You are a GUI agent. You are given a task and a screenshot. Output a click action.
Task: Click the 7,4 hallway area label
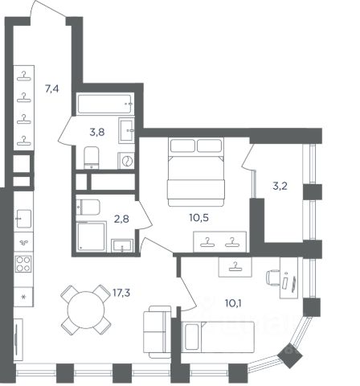[52, 88]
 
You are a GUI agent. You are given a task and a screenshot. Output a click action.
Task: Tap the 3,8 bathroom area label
[97, 132]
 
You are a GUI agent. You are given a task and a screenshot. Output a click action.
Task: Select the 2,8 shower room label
[121, 219]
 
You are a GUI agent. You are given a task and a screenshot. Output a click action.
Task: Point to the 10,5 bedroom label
[198, 218]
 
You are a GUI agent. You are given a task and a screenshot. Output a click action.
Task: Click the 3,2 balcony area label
[280, 186]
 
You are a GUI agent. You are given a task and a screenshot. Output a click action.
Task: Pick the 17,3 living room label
[121, 293]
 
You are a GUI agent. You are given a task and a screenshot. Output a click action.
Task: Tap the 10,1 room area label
[233, 303]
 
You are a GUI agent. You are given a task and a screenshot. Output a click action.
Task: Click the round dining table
[86, 310]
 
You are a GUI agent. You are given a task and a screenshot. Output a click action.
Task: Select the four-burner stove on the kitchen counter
[23, 264]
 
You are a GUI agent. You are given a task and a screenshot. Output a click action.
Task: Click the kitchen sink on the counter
[23, 219]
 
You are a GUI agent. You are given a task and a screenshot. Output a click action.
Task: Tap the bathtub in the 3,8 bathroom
[105, 104]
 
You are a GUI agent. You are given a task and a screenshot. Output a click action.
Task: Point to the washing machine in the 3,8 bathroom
[126, 161]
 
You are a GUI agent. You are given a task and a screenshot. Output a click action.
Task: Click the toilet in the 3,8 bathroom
[92, 158]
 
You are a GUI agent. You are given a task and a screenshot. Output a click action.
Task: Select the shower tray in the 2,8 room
[91, 236]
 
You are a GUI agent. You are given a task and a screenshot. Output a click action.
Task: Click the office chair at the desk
[272, 278]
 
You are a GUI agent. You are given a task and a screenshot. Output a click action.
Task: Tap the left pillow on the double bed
[182, 146]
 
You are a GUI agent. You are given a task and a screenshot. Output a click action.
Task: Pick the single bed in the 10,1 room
[218, 337]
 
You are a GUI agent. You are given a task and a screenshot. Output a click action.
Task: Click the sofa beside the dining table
[157, 332]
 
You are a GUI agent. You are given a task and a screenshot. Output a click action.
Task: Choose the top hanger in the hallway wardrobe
[24, 76]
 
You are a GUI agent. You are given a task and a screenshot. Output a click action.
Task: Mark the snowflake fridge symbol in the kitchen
[23, 297]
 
